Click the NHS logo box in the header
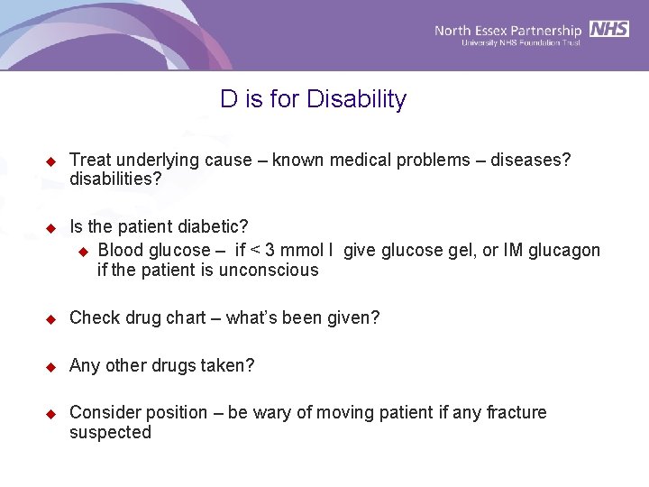pos(609,29)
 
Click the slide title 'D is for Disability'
pos(313,99)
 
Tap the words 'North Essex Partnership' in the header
pos(509,30)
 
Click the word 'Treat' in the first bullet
pos(88,161)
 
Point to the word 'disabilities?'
pos(115,179)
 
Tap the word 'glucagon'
pos(565,251)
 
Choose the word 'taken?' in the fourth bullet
pos(229,366)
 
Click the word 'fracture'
pos(516,413)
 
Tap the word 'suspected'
pos(110,433)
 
